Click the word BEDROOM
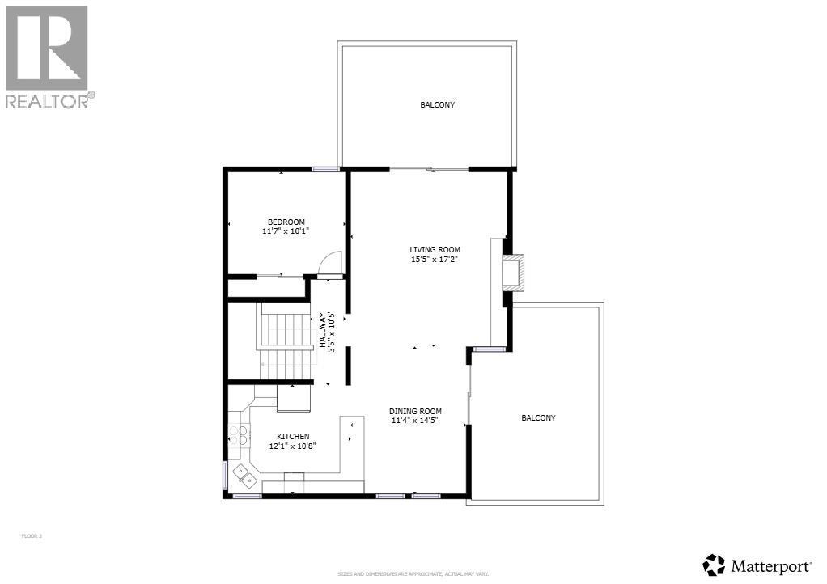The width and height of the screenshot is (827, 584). (286, 222)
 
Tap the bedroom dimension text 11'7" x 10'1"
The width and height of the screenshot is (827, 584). (286, 231)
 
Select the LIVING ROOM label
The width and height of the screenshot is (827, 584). (435, 250)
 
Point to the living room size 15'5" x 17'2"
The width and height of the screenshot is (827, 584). (435, 260)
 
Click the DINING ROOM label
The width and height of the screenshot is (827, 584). (415, 411)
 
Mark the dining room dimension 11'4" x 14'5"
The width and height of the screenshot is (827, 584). (415, 421)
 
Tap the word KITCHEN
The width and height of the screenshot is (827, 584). (293, 437)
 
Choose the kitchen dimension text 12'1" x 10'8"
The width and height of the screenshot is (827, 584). (293, 446)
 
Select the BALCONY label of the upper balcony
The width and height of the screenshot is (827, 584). (437, 105)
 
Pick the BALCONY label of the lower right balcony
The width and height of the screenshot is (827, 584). (538, 418)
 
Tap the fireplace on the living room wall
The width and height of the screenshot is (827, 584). (512, 273)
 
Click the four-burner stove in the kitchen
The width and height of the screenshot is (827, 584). (238, 436)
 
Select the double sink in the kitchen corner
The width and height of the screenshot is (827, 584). (245, 476)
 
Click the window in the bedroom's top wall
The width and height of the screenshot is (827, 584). (326, 169)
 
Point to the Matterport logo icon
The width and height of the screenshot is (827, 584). (714, 565)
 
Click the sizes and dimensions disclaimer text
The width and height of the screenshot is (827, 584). (413, 574)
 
